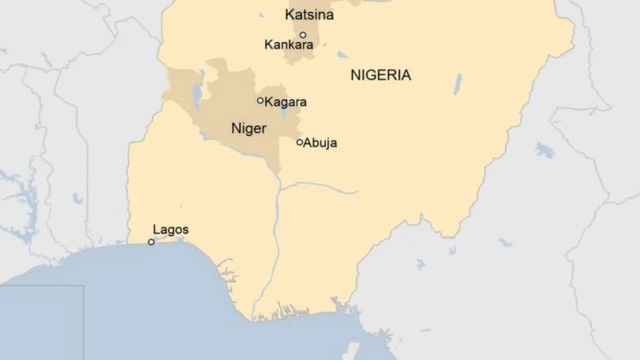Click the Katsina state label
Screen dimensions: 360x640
pyautogui.click(x=309, y=16)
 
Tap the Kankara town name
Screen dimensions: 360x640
pyautogui.click(x=289, y=45)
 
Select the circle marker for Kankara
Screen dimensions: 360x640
pyautogui.click(x=303, y=34)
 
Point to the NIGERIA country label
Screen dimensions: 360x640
pyautogui.click(x=381, y=75)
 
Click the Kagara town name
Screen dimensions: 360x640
pyautogui.click(x=287, y=102)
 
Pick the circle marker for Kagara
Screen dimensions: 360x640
pyautogui.click(x=261, y=100)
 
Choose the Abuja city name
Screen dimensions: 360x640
pyautogui.click(x=321, y=143)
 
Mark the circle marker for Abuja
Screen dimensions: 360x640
pyautogui.click(x=299, y=142)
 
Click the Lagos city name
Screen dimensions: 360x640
pyautogui.click(x=171, y=229)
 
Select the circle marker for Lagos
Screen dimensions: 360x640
pyautogui.click(x=151, y=241)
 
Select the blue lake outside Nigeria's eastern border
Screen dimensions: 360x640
pyautogui.click(x=544, y=150)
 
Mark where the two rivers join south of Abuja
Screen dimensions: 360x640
pyautogui.click(x=279, y=186)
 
